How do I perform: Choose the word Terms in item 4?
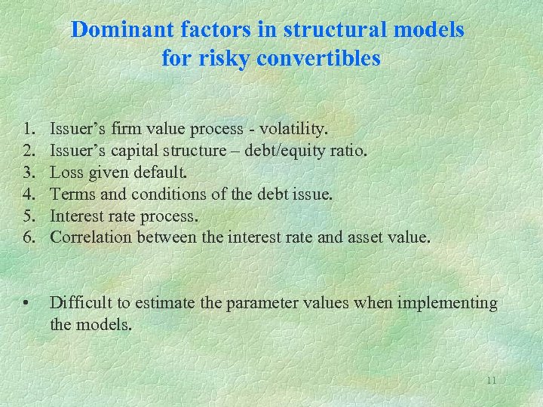pyautogui.click(x=70, y=194)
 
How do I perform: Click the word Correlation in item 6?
pyautogui.click(x=90, y=237)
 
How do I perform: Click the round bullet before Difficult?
pyautogui.click(x=26, y=304)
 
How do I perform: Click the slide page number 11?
pyautogui.click(x=491, y=381)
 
